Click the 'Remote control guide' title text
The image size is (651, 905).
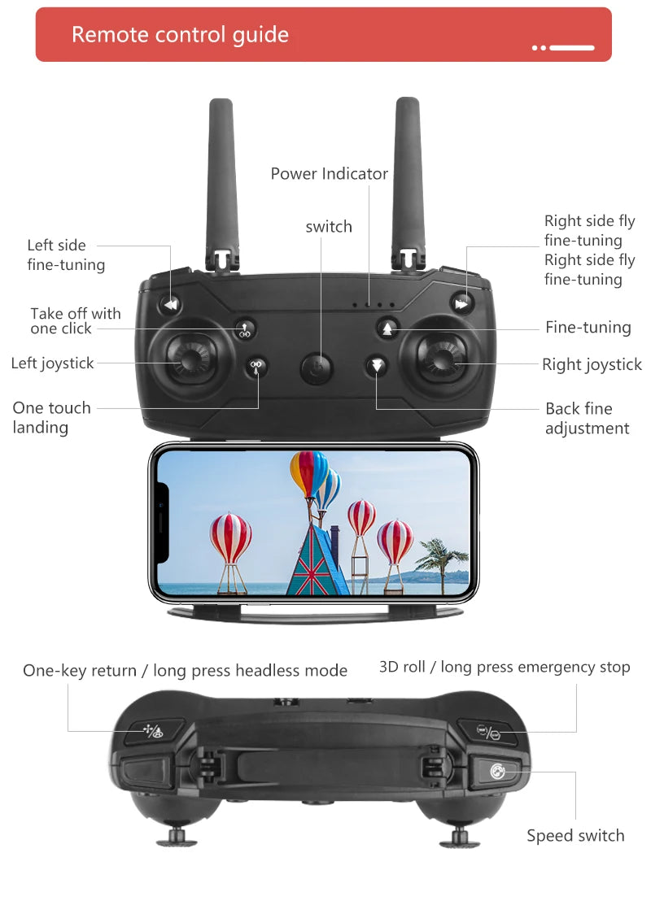point(180,34)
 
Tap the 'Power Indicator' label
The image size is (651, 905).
point(329,173)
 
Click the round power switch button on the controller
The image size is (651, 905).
point(317,368)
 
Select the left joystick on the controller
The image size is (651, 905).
point(191,358)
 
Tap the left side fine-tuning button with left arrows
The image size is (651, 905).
point(171,305)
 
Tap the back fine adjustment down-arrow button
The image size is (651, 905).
point(377,364)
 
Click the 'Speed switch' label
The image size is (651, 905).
point(575,835)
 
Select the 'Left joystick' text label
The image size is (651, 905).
point(53,363)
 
